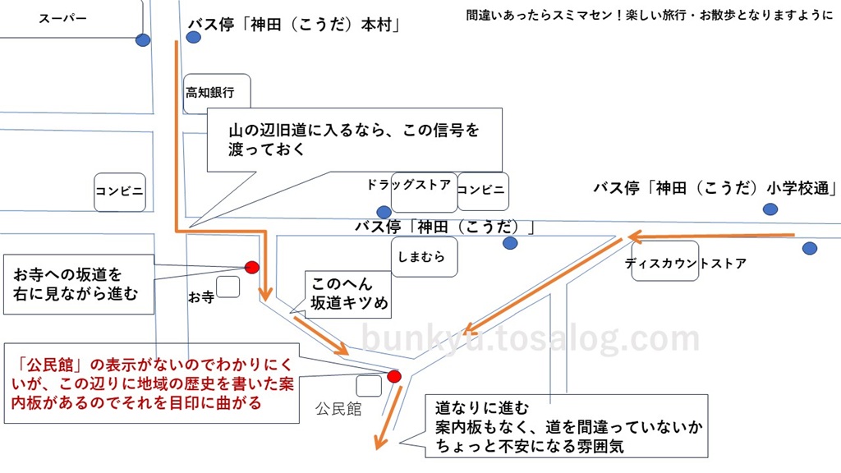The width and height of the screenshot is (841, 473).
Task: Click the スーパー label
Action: (62, 18)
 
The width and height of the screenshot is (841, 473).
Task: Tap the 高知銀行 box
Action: (217, 94)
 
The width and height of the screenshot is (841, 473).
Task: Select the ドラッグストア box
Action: (424, 192)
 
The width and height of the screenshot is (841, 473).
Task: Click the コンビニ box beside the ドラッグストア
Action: (483, 191)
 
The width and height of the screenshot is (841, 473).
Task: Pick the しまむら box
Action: (425, 257)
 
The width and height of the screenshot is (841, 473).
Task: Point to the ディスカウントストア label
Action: (686, 264)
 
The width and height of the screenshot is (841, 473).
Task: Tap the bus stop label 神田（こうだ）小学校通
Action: (715, 188)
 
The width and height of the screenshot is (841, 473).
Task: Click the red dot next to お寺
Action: (252, 267)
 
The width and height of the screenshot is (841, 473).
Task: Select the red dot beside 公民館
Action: (394, 376)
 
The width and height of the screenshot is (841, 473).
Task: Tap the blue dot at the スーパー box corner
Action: (143, 39)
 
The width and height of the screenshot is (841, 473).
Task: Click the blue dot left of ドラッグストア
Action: (384, 211)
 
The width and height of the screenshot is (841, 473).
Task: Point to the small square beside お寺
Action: (228, 287)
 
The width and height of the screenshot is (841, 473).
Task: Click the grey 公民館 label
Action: (338, 409)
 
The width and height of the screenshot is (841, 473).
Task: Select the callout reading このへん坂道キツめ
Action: (348, 295)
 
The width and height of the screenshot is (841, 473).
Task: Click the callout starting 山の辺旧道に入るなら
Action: (355, 140)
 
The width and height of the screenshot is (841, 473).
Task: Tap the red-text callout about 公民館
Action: (152, 383)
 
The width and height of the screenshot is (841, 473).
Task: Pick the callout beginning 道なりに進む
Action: (567, 426)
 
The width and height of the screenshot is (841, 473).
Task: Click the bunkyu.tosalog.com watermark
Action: (531, 338)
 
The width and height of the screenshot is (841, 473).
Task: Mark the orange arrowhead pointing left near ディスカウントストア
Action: (635, 236)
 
